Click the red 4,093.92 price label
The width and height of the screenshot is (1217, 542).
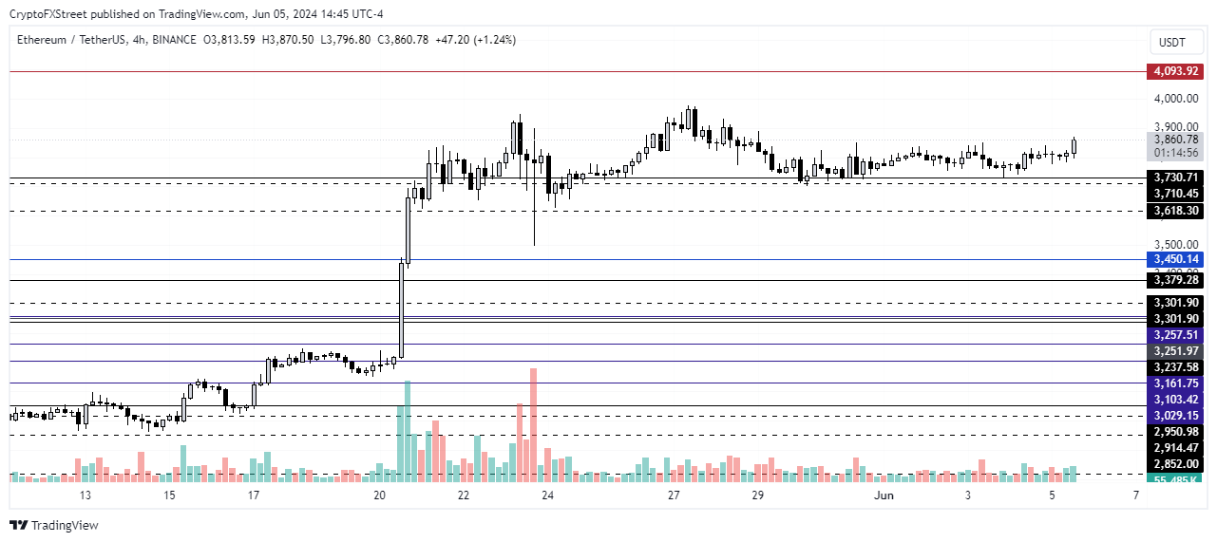click(x=1175, y=71)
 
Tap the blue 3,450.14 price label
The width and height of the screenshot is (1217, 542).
click(x=1175, y=259)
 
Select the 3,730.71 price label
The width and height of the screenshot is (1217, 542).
click(x=1175, y=177)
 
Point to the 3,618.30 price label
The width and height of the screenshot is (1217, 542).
click(x=1175, y=211)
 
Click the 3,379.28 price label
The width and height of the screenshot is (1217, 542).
click(x=1175, y=280)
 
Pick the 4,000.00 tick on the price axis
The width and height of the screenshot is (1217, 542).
click(x=1175, y=98)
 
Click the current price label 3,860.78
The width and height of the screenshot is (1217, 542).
click(x=1175, y=140)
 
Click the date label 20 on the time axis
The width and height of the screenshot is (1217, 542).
click(x=379, y=495)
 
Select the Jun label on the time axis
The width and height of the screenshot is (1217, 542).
click(x=884, y=495)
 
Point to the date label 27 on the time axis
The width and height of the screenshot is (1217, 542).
click(x=673, y=495)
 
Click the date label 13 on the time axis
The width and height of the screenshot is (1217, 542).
click(x=85, y=495)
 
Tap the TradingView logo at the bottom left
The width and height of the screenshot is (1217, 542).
click(x=54, y=525)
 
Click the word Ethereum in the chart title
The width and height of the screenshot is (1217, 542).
click(x=42, y=40)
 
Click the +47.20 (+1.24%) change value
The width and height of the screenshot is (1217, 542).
click(x=475, y=40)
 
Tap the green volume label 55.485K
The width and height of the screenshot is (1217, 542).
click(x=1175, y=481)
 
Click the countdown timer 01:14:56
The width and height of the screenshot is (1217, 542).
click(x=1175, y=153)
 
